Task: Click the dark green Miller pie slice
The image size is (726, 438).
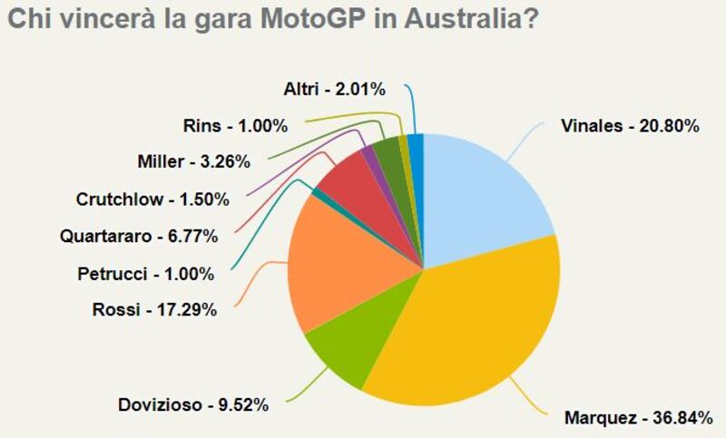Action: coord(388,154)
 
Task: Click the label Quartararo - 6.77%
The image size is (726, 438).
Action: coord(139,237)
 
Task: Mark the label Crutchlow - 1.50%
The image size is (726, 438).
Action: coord(152,199)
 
